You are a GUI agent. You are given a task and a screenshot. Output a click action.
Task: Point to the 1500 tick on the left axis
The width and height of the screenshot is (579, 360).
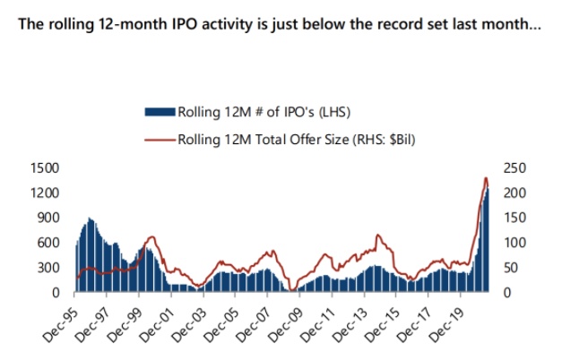pos(46,168)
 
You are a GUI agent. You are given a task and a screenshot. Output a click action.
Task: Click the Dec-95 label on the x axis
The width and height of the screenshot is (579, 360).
pos(61,318)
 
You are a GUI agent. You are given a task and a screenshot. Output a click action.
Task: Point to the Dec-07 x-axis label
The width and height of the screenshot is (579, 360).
pos(253,318)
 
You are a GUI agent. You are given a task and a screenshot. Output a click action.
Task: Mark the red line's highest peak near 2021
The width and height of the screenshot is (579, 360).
pos(485,178)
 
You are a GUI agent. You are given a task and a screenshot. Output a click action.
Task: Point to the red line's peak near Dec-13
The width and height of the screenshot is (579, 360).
pos(377,235)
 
